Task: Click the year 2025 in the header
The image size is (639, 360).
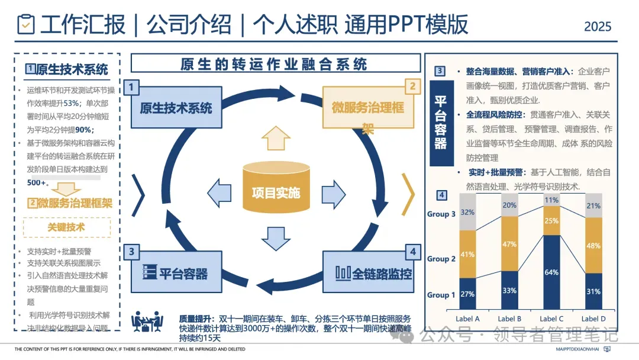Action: [598, 27]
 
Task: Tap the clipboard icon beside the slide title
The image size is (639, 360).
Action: [27, 24]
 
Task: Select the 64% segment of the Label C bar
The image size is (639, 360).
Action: [551, 272]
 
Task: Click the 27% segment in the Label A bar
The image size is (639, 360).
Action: [467, 294]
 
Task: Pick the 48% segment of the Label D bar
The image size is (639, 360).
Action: [593, 245]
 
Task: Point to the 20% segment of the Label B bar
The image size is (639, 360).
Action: [509, 205]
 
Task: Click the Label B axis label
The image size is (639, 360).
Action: [509, 319]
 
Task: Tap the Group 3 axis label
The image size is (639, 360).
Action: [441, 214]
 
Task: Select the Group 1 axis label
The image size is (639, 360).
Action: [441, 295]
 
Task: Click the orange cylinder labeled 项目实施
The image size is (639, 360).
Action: [276, 188]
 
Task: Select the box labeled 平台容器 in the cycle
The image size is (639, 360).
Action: [176, 272]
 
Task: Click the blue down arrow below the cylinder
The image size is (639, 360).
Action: [276, 237]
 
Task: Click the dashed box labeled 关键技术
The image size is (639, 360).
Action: [66, 227]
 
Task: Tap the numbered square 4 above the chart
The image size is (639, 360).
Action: [441, 196]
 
